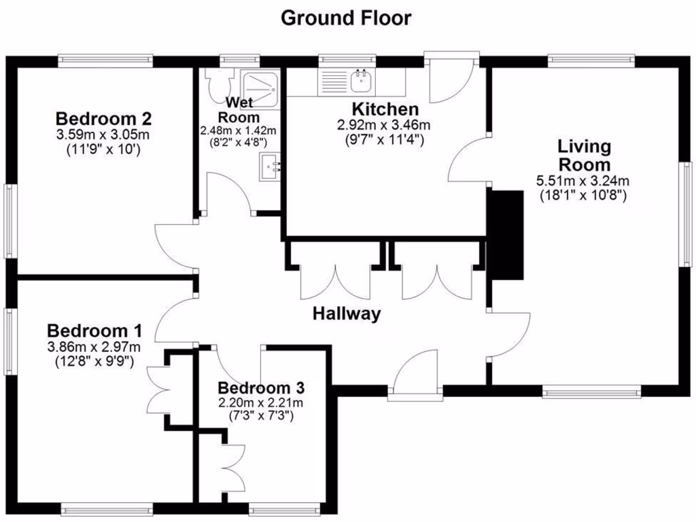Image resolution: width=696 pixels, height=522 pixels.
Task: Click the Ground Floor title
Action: pos(346,18)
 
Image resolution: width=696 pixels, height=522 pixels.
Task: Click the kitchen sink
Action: pos(360,80)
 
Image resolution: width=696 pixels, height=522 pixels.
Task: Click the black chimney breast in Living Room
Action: pos(506,235)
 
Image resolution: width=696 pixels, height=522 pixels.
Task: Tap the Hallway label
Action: pos(346,314)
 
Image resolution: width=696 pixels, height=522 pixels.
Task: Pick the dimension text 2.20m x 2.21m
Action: pos(260,402)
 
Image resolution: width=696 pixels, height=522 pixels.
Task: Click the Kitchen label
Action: pos(385,109)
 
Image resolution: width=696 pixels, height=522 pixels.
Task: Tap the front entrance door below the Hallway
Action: pos(416,378)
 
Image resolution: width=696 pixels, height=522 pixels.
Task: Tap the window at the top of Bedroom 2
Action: pos(105,60)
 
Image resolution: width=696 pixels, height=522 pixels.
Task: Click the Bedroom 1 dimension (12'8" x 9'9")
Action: pos(94,362)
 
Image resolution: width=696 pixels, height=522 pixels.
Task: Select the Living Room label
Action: pos(584,155)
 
